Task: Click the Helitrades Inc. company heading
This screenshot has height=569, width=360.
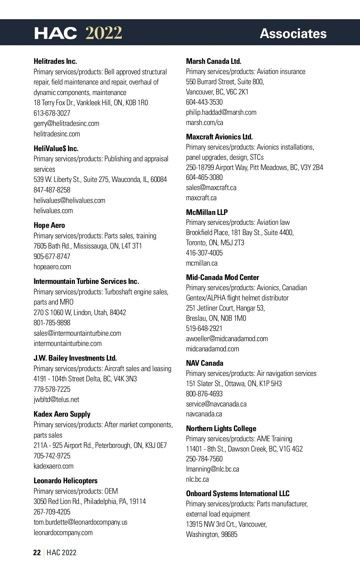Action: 55,61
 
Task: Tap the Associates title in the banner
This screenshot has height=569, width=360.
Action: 293,34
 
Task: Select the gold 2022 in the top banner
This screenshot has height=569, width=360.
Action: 104,33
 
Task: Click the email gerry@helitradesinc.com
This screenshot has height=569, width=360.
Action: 66,124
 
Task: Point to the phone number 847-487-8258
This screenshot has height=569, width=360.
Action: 52,190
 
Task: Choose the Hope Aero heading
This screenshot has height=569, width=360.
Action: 49,225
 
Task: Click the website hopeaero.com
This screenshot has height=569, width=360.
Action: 52,267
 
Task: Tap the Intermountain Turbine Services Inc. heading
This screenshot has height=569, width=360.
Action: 86,282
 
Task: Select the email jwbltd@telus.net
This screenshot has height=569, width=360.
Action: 56,400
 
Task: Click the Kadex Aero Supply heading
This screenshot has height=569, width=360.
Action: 62,414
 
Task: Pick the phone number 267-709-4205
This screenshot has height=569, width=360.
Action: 52,512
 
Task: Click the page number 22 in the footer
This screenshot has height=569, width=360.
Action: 37,553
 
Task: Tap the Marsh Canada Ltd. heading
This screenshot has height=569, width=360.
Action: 214,61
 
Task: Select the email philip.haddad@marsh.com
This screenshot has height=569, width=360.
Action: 221,112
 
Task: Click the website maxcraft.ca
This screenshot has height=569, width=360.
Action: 201,198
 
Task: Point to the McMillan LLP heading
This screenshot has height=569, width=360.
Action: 207,212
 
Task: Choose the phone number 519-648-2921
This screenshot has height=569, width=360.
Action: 204,329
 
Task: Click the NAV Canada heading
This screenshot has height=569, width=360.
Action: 205,363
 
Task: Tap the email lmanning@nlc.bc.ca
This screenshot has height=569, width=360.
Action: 212,469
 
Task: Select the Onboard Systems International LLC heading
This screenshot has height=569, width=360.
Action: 238,494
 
